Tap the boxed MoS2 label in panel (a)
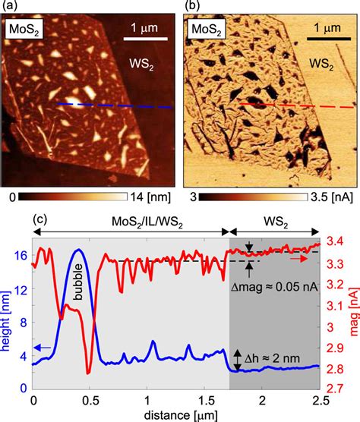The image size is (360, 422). [x=24, y=32]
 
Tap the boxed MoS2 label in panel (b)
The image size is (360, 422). [x=207, y=32]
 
